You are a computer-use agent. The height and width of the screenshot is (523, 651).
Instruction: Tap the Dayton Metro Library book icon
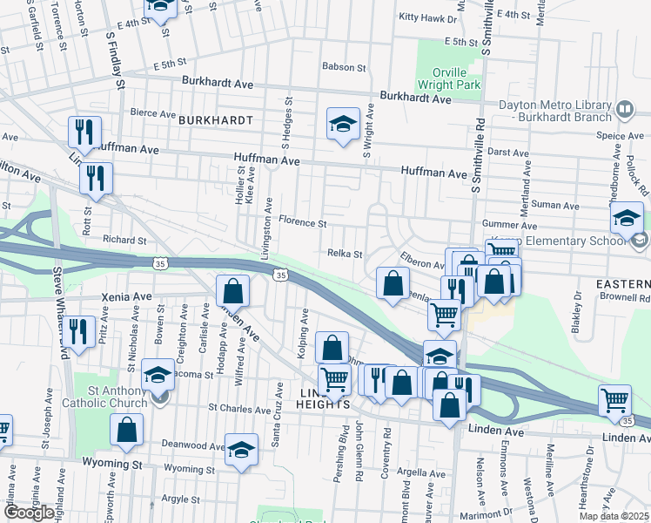tap(624, 109)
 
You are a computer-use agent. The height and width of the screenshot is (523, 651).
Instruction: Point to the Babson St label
tap(344, 66)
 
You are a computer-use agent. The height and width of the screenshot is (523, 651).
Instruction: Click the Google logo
tap(29, 513)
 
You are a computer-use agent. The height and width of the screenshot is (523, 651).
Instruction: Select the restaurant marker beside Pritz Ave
tap(79, 332)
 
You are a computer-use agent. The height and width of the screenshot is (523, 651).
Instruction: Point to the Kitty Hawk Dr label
tap(427, 17)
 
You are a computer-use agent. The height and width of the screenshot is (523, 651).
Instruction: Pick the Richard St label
tap(124, 240)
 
